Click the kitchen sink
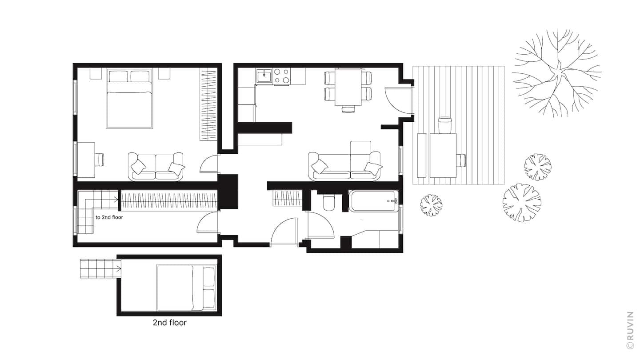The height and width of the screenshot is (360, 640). coord(264,76)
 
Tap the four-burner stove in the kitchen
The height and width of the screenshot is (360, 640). coord(281,76)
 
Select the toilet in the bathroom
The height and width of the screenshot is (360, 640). coord(330,202)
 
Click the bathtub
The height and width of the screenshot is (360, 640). coord(373,201)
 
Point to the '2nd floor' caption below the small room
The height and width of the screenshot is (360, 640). coord(169,323)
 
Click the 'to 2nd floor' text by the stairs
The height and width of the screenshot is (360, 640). coord(109,217)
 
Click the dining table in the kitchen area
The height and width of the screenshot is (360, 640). coord(348,87)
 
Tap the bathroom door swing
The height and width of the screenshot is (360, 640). coord(320,227)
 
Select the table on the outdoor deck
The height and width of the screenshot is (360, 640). coord(443,155)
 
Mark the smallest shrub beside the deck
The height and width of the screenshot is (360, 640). coord(431,205)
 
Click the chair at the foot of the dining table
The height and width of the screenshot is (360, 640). coord(348,109)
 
